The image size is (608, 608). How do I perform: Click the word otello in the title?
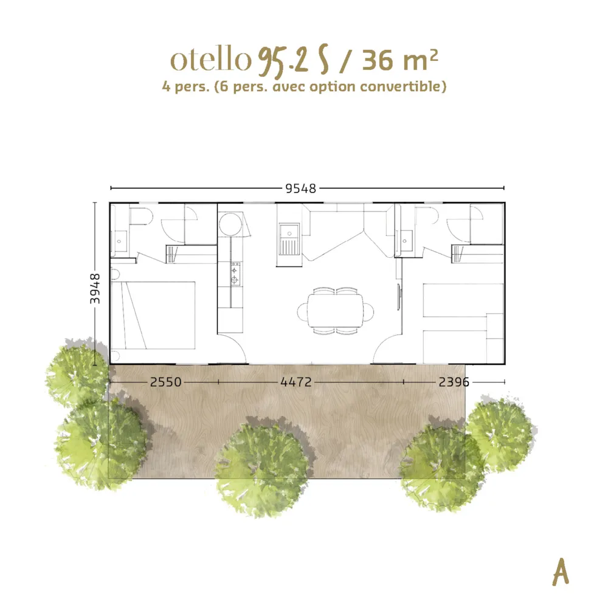[x=211, y=60]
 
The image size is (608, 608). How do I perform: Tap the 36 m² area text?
[x=400, y=60]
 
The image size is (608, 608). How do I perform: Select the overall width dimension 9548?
[x=300, y=188]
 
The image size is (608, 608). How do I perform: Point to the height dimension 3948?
[x=95, y=288]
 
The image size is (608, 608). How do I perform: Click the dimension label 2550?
[x=165, y=382]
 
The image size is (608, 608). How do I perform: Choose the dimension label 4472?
[x=296, y=382]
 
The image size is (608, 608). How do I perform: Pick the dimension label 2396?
[x=454, y=382]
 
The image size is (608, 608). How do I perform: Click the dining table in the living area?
[x=336, y=311]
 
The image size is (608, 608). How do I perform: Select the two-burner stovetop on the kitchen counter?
[x=235, y=274]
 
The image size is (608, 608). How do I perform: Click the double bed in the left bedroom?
[x=153, y=315]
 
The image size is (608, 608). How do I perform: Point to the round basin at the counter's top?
[x=230, y=224]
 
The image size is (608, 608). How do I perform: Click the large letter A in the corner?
[x=561, y=572]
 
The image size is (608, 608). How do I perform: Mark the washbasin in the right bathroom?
[x=405, y=241]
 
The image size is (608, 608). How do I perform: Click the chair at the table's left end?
[x=302, y=311]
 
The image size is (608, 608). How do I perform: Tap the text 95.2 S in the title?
[x=294, y=61]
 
